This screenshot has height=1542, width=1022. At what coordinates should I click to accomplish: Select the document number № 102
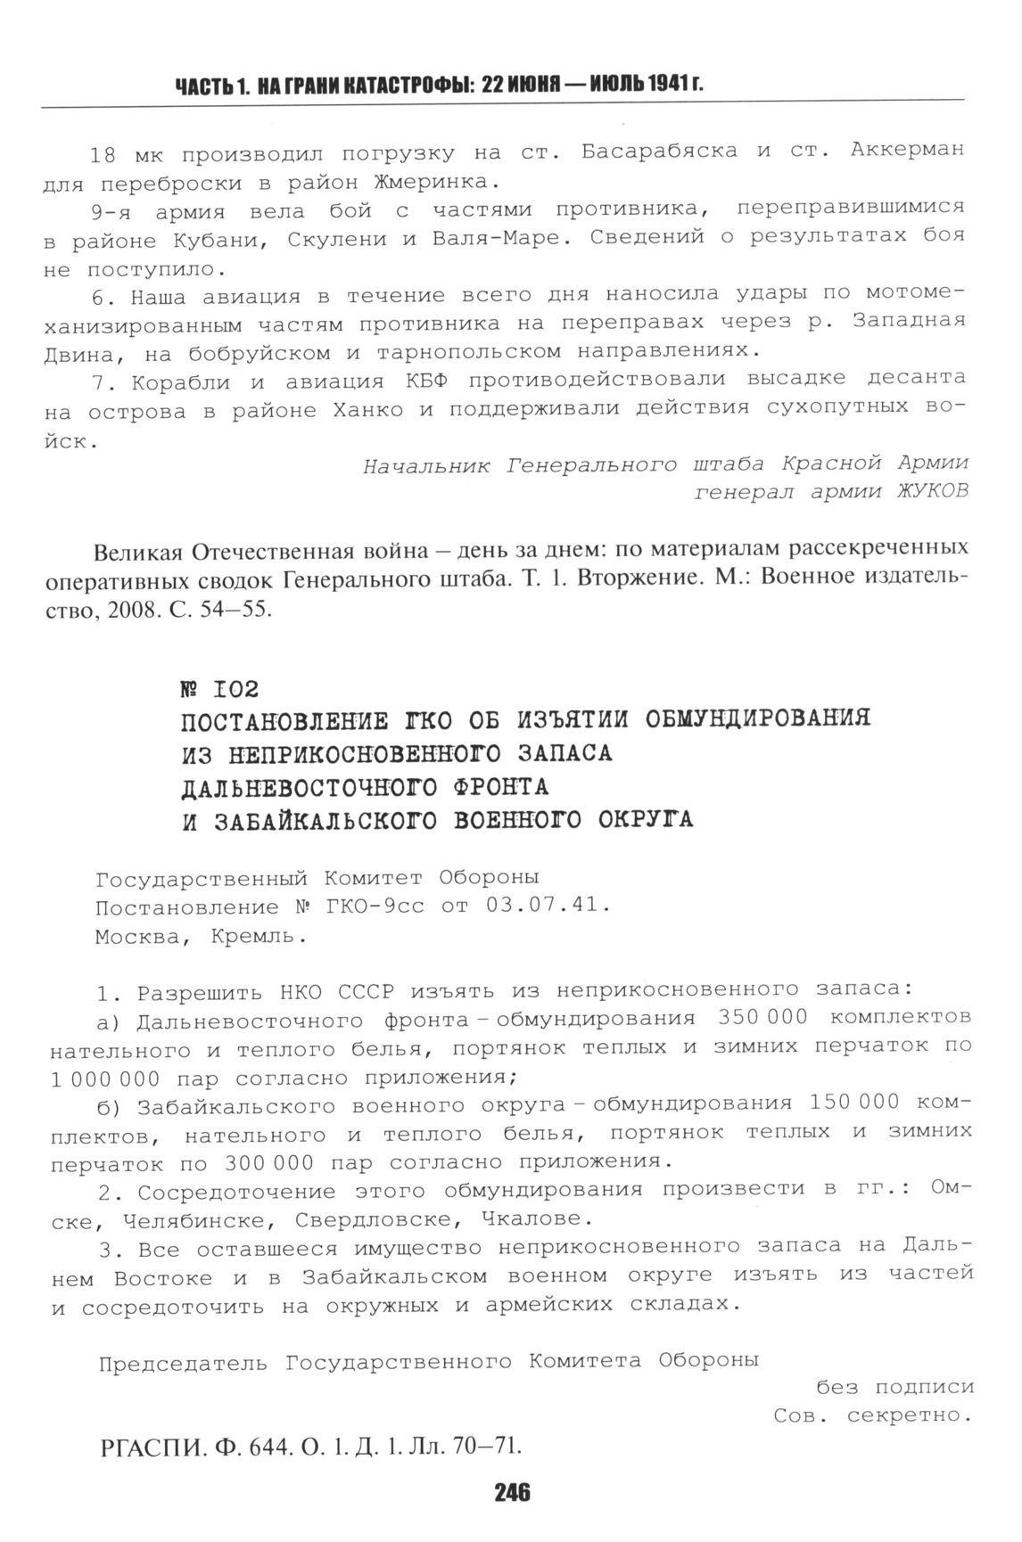[x=219, y=688]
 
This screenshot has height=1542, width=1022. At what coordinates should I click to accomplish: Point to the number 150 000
[x=855, y=1103]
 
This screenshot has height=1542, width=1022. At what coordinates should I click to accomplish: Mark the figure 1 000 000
[x=105, y=1079]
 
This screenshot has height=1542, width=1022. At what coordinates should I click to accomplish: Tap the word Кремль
[x=259, y=938]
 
